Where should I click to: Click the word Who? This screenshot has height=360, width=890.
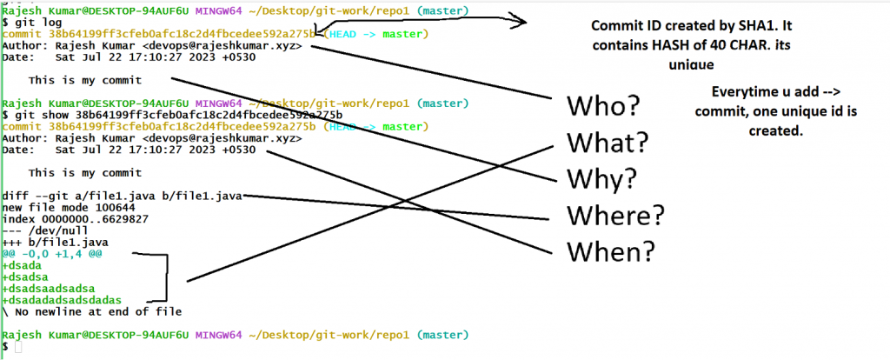coord(603,107)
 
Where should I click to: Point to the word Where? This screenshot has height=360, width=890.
coord(615,214)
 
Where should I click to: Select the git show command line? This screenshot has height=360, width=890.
coord(173,115)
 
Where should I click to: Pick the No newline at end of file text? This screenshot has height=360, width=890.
coord(95,311)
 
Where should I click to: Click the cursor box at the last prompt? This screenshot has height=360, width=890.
coord(19,347)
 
